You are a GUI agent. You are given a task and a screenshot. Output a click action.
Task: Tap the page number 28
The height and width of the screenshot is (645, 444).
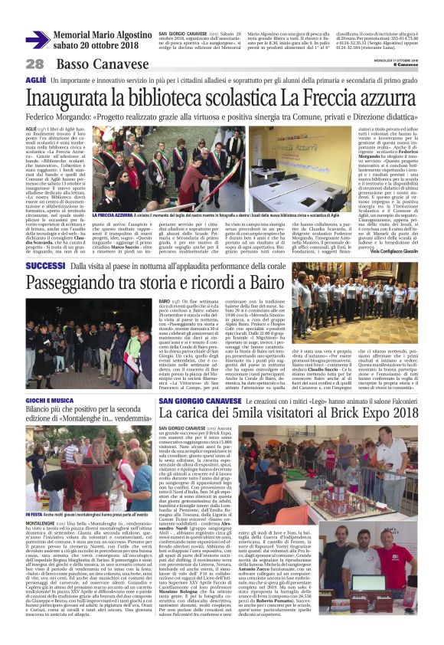click(x=34, y=64)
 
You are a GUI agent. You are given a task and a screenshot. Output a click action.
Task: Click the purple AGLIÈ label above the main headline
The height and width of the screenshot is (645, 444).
click(x=35, y=80)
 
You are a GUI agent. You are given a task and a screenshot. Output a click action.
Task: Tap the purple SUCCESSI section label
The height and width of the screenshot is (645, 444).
click(x=45, y=265)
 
